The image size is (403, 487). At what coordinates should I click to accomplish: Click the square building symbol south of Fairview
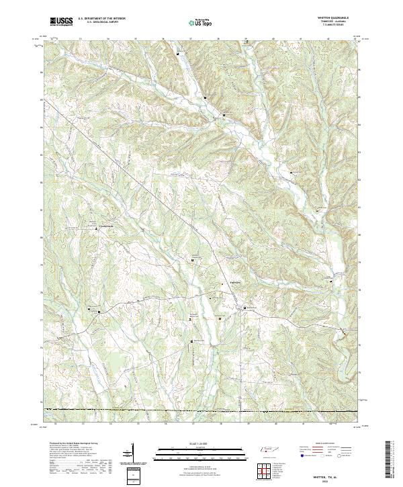244,308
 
